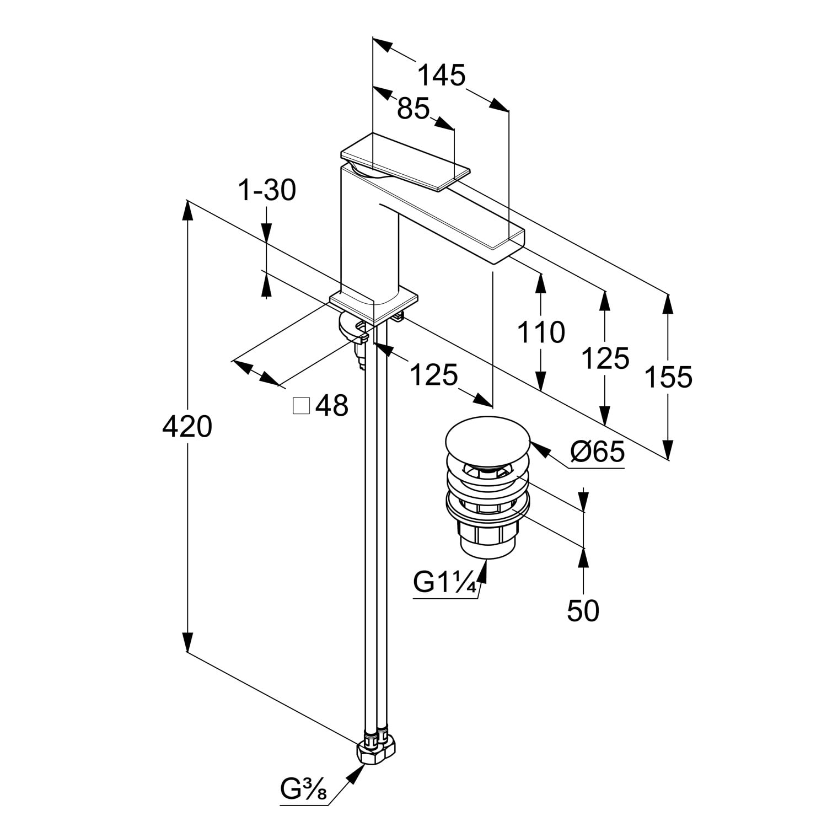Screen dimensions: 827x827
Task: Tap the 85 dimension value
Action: (413, 109)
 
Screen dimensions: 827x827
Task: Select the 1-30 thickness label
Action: (267, 191)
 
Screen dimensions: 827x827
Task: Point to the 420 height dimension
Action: (187, 426)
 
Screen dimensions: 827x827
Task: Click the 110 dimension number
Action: (541, 332)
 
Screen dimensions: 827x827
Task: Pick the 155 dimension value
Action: (668, 378)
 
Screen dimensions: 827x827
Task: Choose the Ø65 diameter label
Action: (598, 453)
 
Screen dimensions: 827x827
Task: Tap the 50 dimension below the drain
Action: (583, 611)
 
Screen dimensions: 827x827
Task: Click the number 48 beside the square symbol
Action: (332, 406)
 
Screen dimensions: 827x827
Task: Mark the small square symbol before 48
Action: (302, 406)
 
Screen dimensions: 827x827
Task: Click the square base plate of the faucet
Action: (373, 303)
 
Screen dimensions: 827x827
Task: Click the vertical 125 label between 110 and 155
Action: (605, 359)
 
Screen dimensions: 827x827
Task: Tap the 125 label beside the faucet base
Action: (434, 375)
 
